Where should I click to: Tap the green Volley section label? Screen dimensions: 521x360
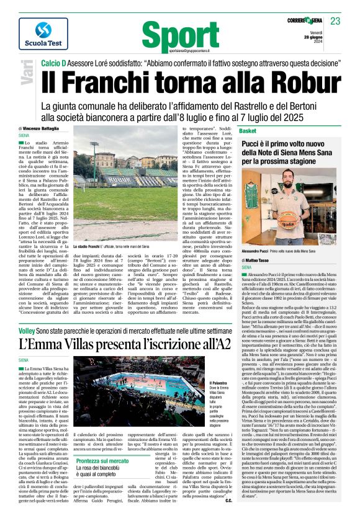[35, 333]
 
